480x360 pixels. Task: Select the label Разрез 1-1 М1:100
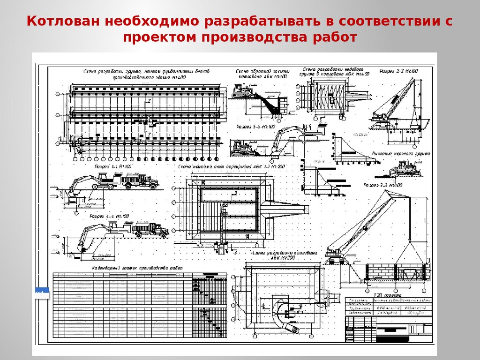(x=113, y=167)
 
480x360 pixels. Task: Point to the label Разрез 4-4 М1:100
(x=109, y=217)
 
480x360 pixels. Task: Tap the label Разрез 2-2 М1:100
(x=398, y=71)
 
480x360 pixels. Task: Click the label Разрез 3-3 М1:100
(x=382, y=186)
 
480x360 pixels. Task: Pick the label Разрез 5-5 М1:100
(x=255, y=127)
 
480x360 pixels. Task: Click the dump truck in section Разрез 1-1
(x=140, y=181)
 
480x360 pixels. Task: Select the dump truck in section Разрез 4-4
(x=150, y=230)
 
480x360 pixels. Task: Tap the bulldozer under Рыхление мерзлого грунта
(x=402, y=169)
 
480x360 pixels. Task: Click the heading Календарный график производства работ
(x=137, y=267)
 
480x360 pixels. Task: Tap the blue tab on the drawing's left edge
(x=41, y=292)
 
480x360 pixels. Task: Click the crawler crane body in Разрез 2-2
(x=382, y=118)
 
